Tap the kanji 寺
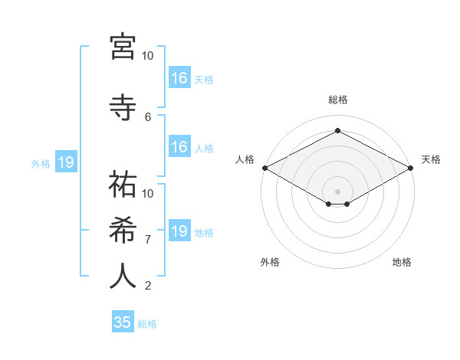[122, 106]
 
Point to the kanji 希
[122, 229]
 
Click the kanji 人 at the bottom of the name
[122, 276]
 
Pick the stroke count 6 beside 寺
[148, 116]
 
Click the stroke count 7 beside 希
[148, 239]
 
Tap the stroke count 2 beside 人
[148, 286]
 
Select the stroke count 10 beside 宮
[148, 56]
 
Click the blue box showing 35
[123, 322]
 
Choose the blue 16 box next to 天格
[179, 78]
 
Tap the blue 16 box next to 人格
[179, 147]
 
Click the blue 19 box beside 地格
[179, 231]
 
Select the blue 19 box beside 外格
[65, 162]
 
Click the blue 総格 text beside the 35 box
[147, 324]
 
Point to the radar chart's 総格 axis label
[337, 100]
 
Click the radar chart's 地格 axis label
[402, 262]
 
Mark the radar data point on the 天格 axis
[411, 168]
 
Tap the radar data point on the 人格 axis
[264, 168]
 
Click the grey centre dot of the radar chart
[337, 191]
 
